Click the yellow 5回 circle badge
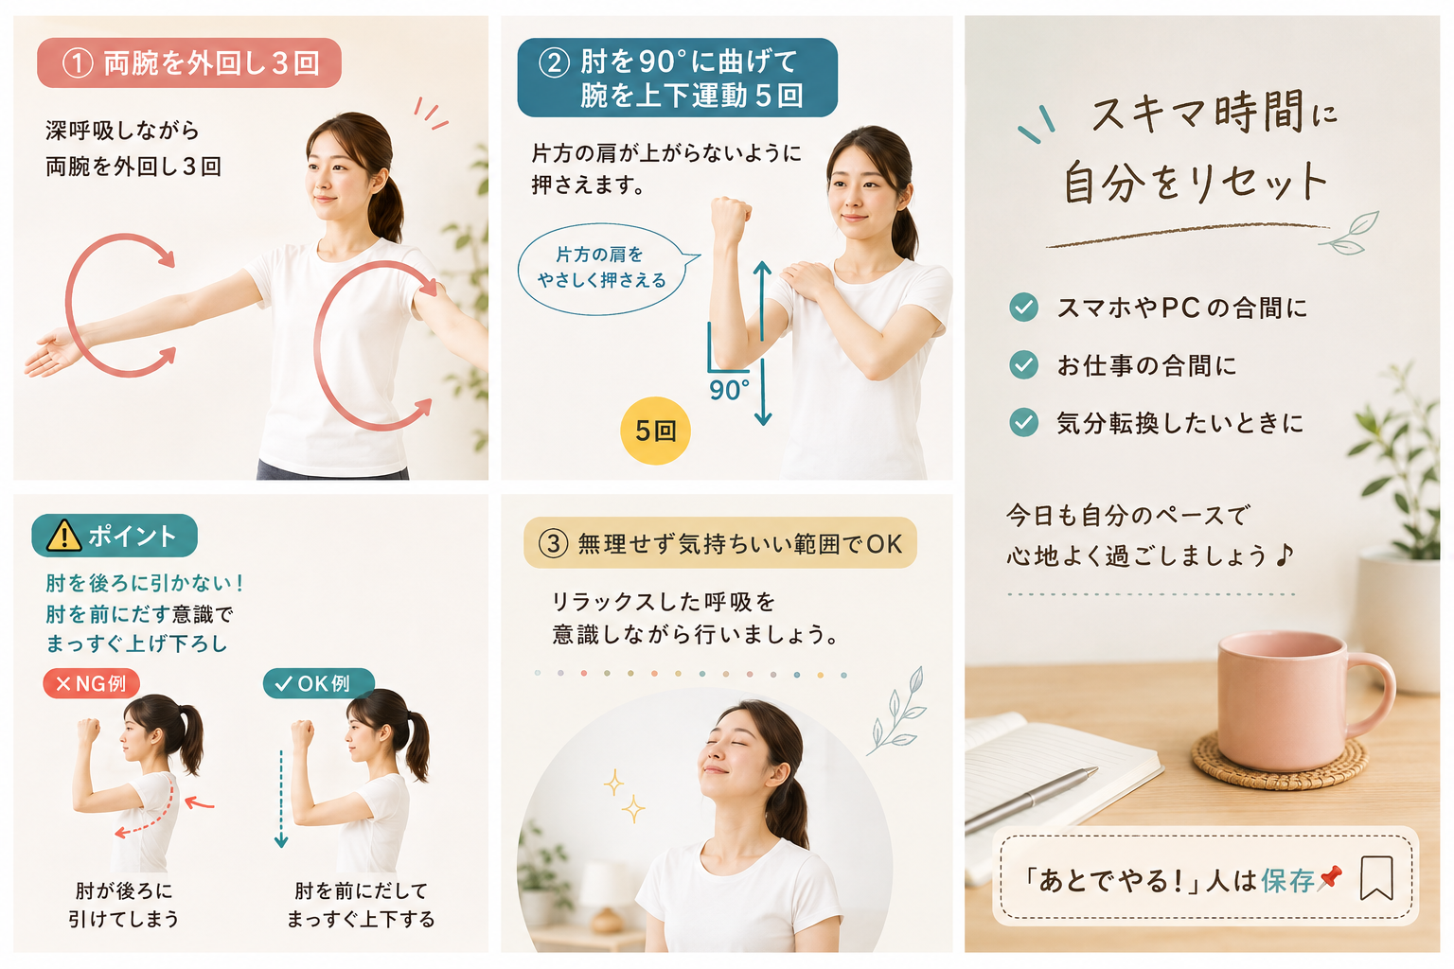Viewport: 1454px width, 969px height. pyautogui.click(x=655, y=431)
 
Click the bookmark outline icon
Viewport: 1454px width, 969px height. pyautogui.click(x=1376, y=877)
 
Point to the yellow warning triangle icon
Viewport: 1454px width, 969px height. pyautogui.click(x=64, y=536)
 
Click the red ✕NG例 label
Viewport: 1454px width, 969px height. pyautogui.click(x=92, y=683)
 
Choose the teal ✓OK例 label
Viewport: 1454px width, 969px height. pyautogui.click(x=319, y=683)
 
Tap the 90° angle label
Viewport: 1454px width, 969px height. pyautogui.click(x=729, y=390)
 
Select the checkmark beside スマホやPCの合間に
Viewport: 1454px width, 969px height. pyautogui.click(x=1023, y=307)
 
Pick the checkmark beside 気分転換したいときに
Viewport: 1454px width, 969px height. pyautogui.click(x=1023, y=422)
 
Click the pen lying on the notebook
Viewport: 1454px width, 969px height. pyautogui.click(x=1031, y=801)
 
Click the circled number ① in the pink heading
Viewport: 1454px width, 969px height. pyautogui.click(x=78, y=63)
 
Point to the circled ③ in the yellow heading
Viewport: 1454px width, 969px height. pyautogui.click(x=554, y=543)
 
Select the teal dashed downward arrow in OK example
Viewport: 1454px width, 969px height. pyautogui.click(x=281, y=800)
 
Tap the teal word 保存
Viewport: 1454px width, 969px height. pyautogui.click(x=1287, y=881)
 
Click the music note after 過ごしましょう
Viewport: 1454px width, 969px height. pyautogui.click(x=1284, y=555)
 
